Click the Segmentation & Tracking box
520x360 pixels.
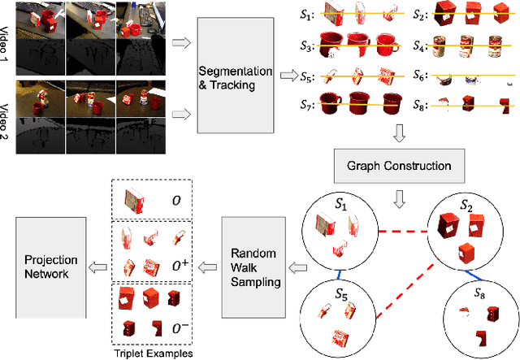(238, 76)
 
